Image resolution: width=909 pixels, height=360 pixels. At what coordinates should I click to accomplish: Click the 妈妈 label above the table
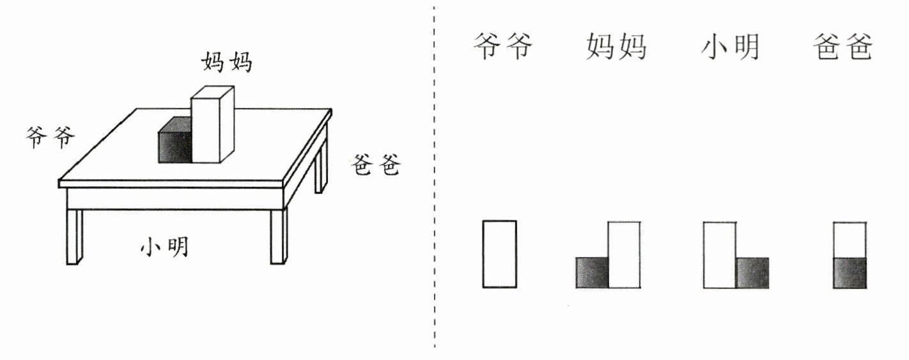(x=227, y=62)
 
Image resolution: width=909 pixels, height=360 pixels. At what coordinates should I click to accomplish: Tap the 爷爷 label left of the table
(x=50, y=137)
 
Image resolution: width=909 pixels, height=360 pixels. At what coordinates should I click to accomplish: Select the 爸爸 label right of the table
(x=376, y=166)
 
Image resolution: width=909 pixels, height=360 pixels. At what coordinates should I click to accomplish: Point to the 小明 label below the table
(x=165, y=246)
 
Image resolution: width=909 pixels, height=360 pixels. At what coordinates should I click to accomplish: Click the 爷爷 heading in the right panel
(x=502, y=47)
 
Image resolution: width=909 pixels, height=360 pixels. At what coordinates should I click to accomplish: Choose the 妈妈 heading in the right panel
(x=616, y=47)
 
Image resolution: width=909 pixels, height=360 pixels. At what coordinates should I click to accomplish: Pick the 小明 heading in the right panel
(x=730, y=47)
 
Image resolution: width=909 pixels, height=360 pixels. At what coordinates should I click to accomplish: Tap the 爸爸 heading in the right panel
(x=843, y=47)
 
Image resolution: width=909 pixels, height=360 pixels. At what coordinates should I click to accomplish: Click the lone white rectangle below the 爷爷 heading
(x=499, y=254)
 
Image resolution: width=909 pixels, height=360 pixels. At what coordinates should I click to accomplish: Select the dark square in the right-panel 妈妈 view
(x=592, y=272)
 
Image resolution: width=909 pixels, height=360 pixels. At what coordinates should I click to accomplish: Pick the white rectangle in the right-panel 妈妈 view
(x=624, y=254)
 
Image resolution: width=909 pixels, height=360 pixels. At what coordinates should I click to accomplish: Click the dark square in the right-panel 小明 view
(x=752, y=272)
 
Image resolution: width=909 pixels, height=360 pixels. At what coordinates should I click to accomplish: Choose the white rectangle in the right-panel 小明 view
(x=720, y=254)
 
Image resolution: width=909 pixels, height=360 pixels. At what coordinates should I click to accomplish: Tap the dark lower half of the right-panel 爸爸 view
(x=850, y=273)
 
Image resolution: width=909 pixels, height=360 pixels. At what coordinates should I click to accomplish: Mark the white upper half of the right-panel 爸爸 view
(x=850, y=239)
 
